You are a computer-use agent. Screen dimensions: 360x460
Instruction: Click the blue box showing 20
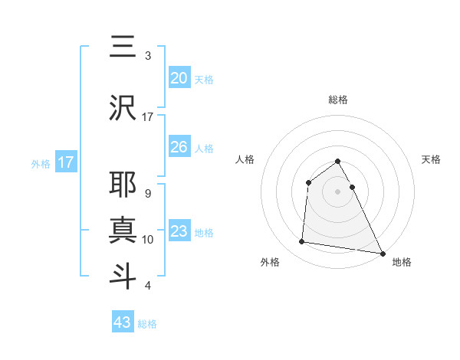pos(179,77)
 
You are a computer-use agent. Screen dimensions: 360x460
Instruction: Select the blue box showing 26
pos(179,147)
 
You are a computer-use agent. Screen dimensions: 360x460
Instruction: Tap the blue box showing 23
pos(179,231)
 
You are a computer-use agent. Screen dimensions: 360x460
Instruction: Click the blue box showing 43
pos(123,322)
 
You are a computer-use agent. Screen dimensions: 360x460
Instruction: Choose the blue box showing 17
pos(65,162)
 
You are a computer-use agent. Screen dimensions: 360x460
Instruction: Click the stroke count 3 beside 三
pos(147,55)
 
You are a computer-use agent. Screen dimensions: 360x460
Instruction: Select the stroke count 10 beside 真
pos(148,239)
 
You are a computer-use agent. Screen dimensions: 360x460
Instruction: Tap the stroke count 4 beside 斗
pos(147,286)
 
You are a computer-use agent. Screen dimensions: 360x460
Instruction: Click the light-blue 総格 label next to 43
pos(147,324)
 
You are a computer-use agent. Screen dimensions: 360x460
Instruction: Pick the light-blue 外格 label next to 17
pos(40,163)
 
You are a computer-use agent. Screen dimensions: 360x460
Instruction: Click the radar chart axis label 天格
pos(432,159)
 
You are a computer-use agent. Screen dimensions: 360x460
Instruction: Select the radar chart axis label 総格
pos(338,100)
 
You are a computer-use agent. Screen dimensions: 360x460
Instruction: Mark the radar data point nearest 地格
pos(382,253)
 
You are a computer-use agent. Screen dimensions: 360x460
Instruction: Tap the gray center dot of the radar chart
pos(338,191)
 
